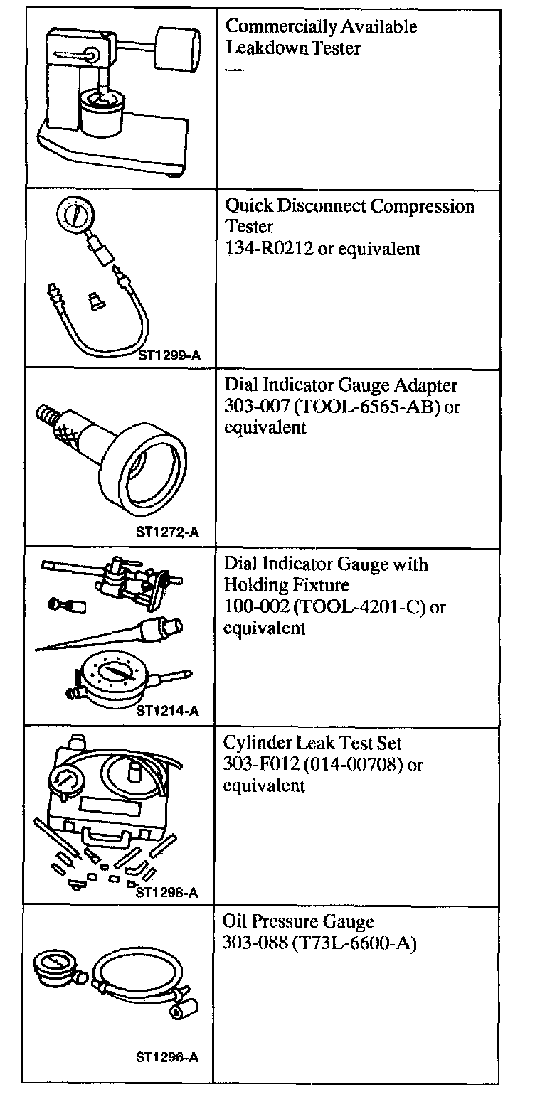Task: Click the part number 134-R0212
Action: click(x=269, y=249)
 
